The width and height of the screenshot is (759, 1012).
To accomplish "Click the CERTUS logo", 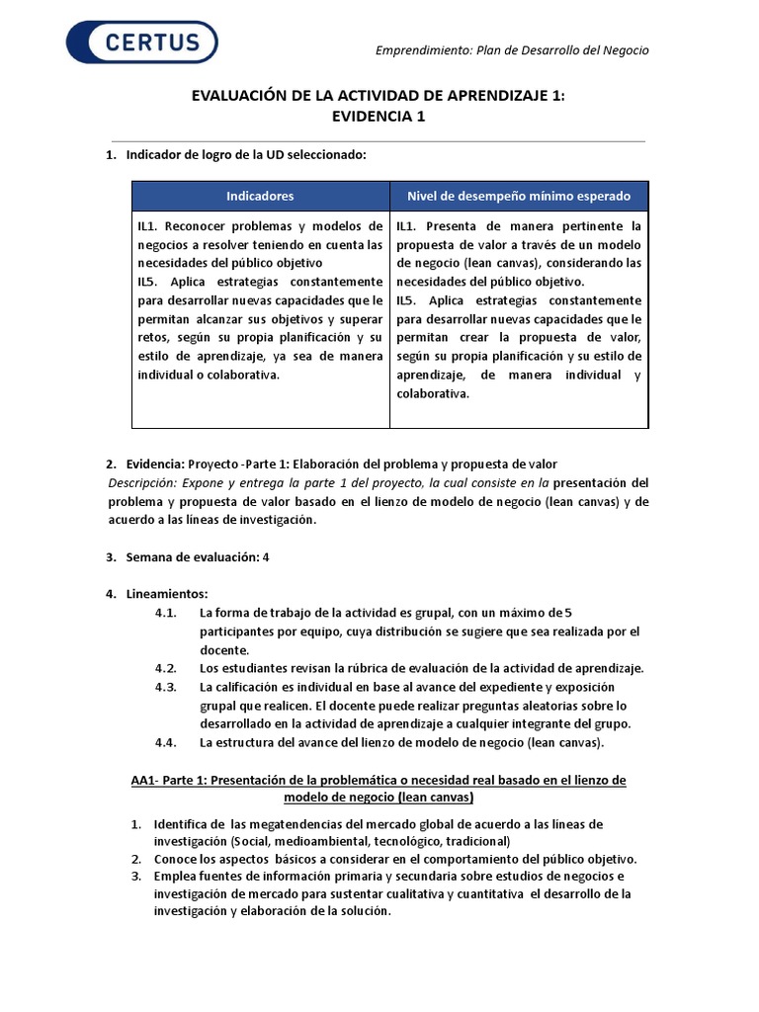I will (141, 42).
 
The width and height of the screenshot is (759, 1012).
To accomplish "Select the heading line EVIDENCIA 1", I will (379, 116).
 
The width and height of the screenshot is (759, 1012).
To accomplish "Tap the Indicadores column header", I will (260, 196).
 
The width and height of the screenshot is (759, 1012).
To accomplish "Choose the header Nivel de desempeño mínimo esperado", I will (519, 196).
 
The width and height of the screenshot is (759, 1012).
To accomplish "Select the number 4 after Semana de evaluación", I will (266, 557).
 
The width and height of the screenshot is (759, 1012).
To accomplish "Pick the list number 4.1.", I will (165, 613).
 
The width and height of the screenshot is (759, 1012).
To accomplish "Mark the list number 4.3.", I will (165, 687).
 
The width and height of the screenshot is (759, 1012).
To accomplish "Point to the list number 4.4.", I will (165, 742).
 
